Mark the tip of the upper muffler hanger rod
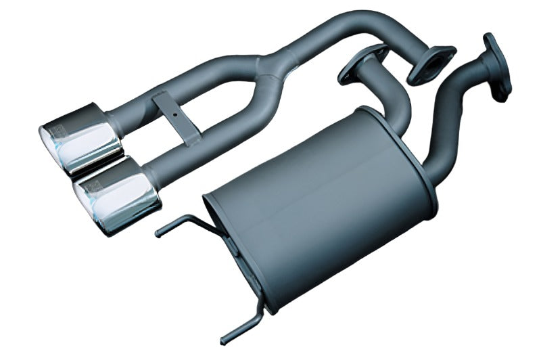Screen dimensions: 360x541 click(x=158, y=234)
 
